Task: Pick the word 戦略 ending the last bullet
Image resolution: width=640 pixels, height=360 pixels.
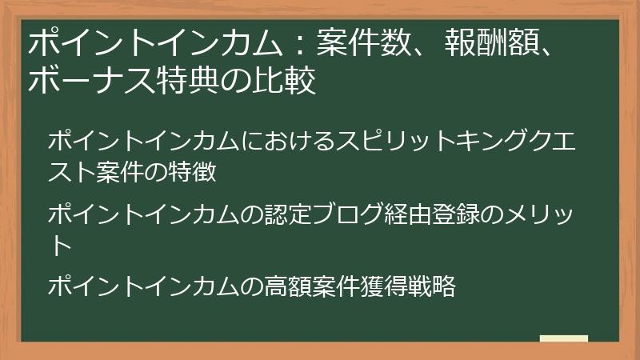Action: click(x=434, y=286)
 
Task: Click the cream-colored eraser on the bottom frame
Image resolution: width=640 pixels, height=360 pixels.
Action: click(x=564, y=339)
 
